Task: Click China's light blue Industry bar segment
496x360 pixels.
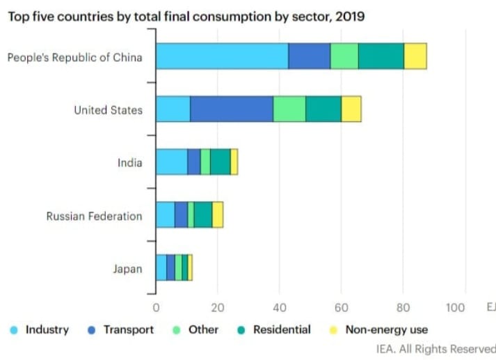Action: [x=221, y=56]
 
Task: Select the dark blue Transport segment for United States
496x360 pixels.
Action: [x=231, y=109]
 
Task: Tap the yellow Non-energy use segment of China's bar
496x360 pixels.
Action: [x=415, y=56]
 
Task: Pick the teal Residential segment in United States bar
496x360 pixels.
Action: [x=323, y=109]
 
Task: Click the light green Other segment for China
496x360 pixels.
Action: [x=344, y=56]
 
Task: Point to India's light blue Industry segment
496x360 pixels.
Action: [x=171, y=162]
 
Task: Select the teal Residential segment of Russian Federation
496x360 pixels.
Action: [x=203, y=214]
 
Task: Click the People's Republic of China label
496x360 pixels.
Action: [x=74, y=56]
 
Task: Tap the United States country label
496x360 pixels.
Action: [x=108, y=110]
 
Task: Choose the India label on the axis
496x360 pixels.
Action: [x=129, y=163]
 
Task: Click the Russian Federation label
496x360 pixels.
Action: [x=94, y=216]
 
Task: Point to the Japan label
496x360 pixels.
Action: [x=127, y=269]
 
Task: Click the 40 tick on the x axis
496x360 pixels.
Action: [x=279, y=306]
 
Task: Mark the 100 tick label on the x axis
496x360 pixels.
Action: [x=456, y=306]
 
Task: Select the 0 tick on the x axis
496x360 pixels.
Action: [x=156, y=306]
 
